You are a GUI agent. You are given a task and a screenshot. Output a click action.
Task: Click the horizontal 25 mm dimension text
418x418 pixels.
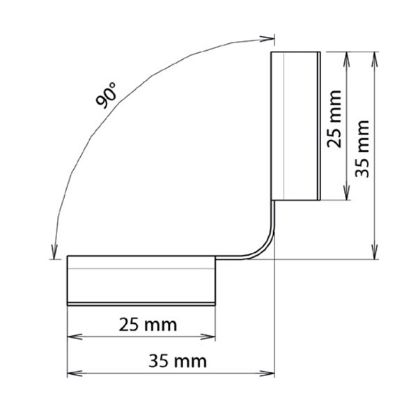coord(148,324)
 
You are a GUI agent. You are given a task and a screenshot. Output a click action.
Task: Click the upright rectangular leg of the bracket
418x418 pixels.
coord(295,125)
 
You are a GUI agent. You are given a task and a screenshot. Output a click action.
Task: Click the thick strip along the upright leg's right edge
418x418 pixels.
coord(318,125)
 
